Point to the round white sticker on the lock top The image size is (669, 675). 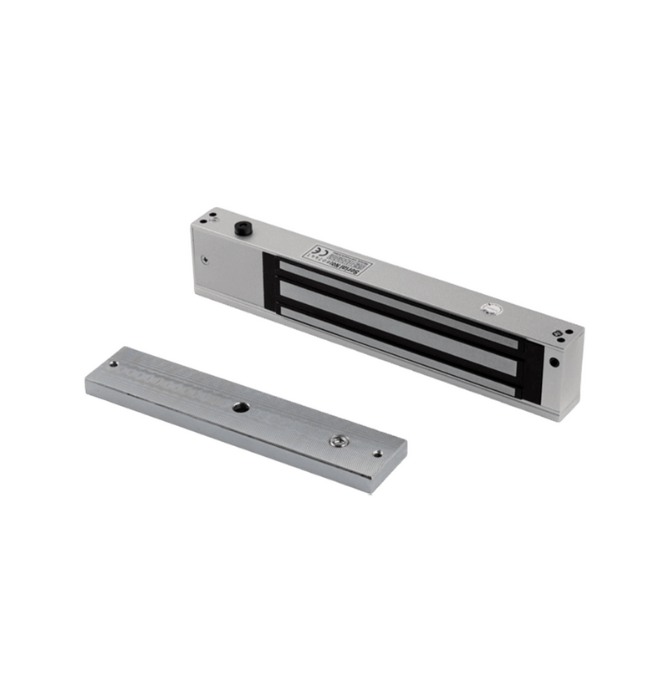[492, 307]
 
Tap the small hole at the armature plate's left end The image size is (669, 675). [113, 365]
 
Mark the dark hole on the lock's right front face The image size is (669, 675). [554, 363]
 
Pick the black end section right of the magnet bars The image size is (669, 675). [529, 368]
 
